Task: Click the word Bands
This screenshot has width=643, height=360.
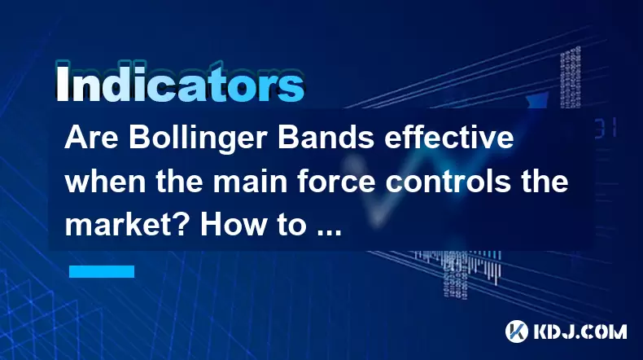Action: pos(326,138)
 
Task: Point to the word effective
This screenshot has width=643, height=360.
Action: pos(448,138)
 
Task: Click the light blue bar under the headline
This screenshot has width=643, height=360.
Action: pos(102,271)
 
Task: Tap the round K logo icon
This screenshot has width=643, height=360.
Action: pos(517,331)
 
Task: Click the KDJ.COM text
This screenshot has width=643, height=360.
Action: pos(580,331)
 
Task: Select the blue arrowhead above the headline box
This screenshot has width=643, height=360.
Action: pos(538,100)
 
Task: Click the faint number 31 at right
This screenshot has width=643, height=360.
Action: pos(606,128)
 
